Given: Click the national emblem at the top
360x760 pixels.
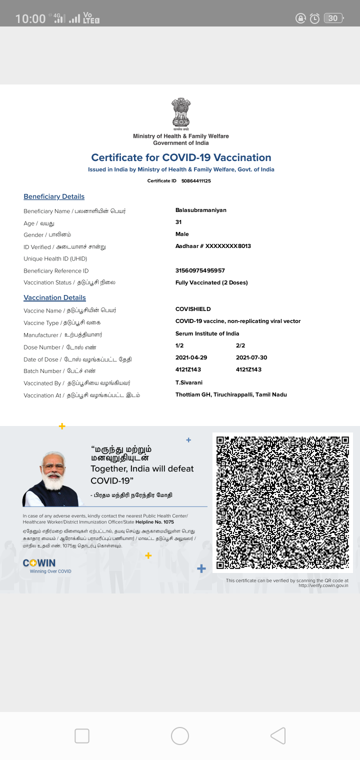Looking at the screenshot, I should point(181,112).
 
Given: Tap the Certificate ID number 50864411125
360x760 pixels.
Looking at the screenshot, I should point(196,181).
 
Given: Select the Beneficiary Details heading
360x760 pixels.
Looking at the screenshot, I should point(54,196).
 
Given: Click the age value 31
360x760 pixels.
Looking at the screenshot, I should point(178,222).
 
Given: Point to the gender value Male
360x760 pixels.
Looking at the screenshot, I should point(182,234).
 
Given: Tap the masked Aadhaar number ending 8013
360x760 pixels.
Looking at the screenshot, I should point(213,246).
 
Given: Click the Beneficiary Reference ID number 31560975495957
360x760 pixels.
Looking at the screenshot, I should point(200,270).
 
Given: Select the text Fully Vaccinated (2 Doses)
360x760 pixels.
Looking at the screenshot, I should point(211,282).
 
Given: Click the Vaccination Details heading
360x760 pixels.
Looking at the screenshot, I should point(54,297).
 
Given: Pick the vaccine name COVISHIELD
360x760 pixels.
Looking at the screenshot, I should point(193,309).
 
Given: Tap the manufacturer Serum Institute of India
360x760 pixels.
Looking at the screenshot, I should point(207,333).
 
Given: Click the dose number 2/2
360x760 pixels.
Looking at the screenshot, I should point(240,345).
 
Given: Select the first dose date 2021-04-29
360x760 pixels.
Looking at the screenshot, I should point(191,357).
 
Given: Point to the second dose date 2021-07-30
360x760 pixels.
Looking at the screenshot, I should point(251,357).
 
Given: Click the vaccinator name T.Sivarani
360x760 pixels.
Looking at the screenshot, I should point(189,382).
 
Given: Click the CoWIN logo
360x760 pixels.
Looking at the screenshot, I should point(40,563).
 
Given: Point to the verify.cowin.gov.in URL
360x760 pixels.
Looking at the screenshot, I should point(323,585).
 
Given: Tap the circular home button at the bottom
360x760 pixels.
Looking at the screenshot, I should point(180,736).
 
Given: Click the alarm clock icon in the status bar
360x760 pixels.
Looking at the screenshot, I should point(314,18).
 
